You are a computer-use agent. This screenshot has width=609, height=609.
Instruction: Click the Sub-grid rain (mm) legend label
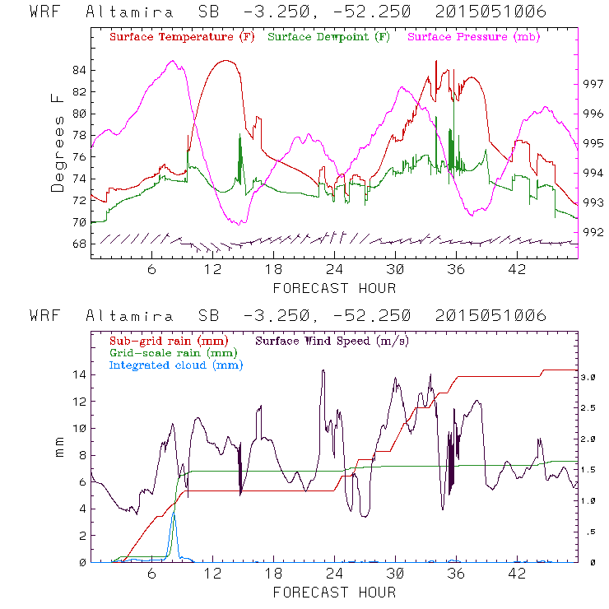click(167, 340)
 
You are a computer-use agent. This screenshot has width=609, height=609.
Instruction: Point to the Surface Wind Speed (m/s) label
click(333, 340)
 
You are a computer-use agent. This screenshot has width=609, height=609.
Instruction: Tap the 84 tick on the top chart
click(78, 71)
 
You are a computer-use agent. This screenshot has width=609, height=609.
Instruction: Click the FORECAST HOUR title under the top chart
click(334, 288)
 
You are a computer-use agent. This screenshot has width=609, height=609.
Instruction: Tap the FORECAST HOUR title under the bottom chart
click(334, 593)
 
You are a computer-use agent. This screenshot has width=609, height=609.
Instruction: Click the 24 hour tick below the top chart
click(334, 269)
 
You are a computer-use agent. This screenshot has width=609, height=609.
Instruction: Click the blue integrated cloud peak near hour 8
click(173, 514)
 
